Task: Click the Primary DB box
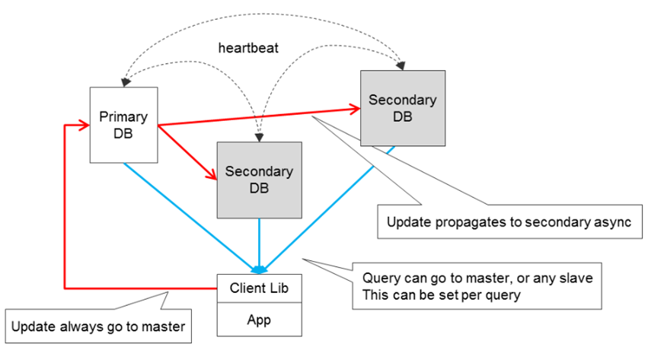click(x=123, y=124)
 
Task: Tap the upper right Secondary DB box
click(x=402, y=107)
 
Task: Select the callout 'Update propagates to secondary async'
click(x=510, y=223)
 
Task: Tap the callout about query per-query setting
click(x=477, y=286)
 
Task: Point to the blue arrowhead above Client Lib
click(x=259, y=269)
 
